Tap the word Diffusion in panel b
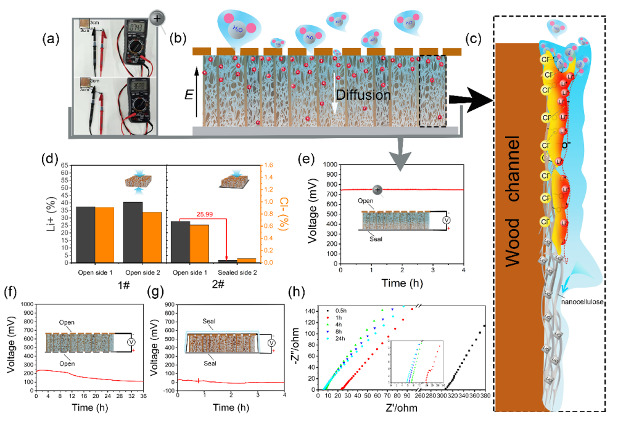364,95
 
